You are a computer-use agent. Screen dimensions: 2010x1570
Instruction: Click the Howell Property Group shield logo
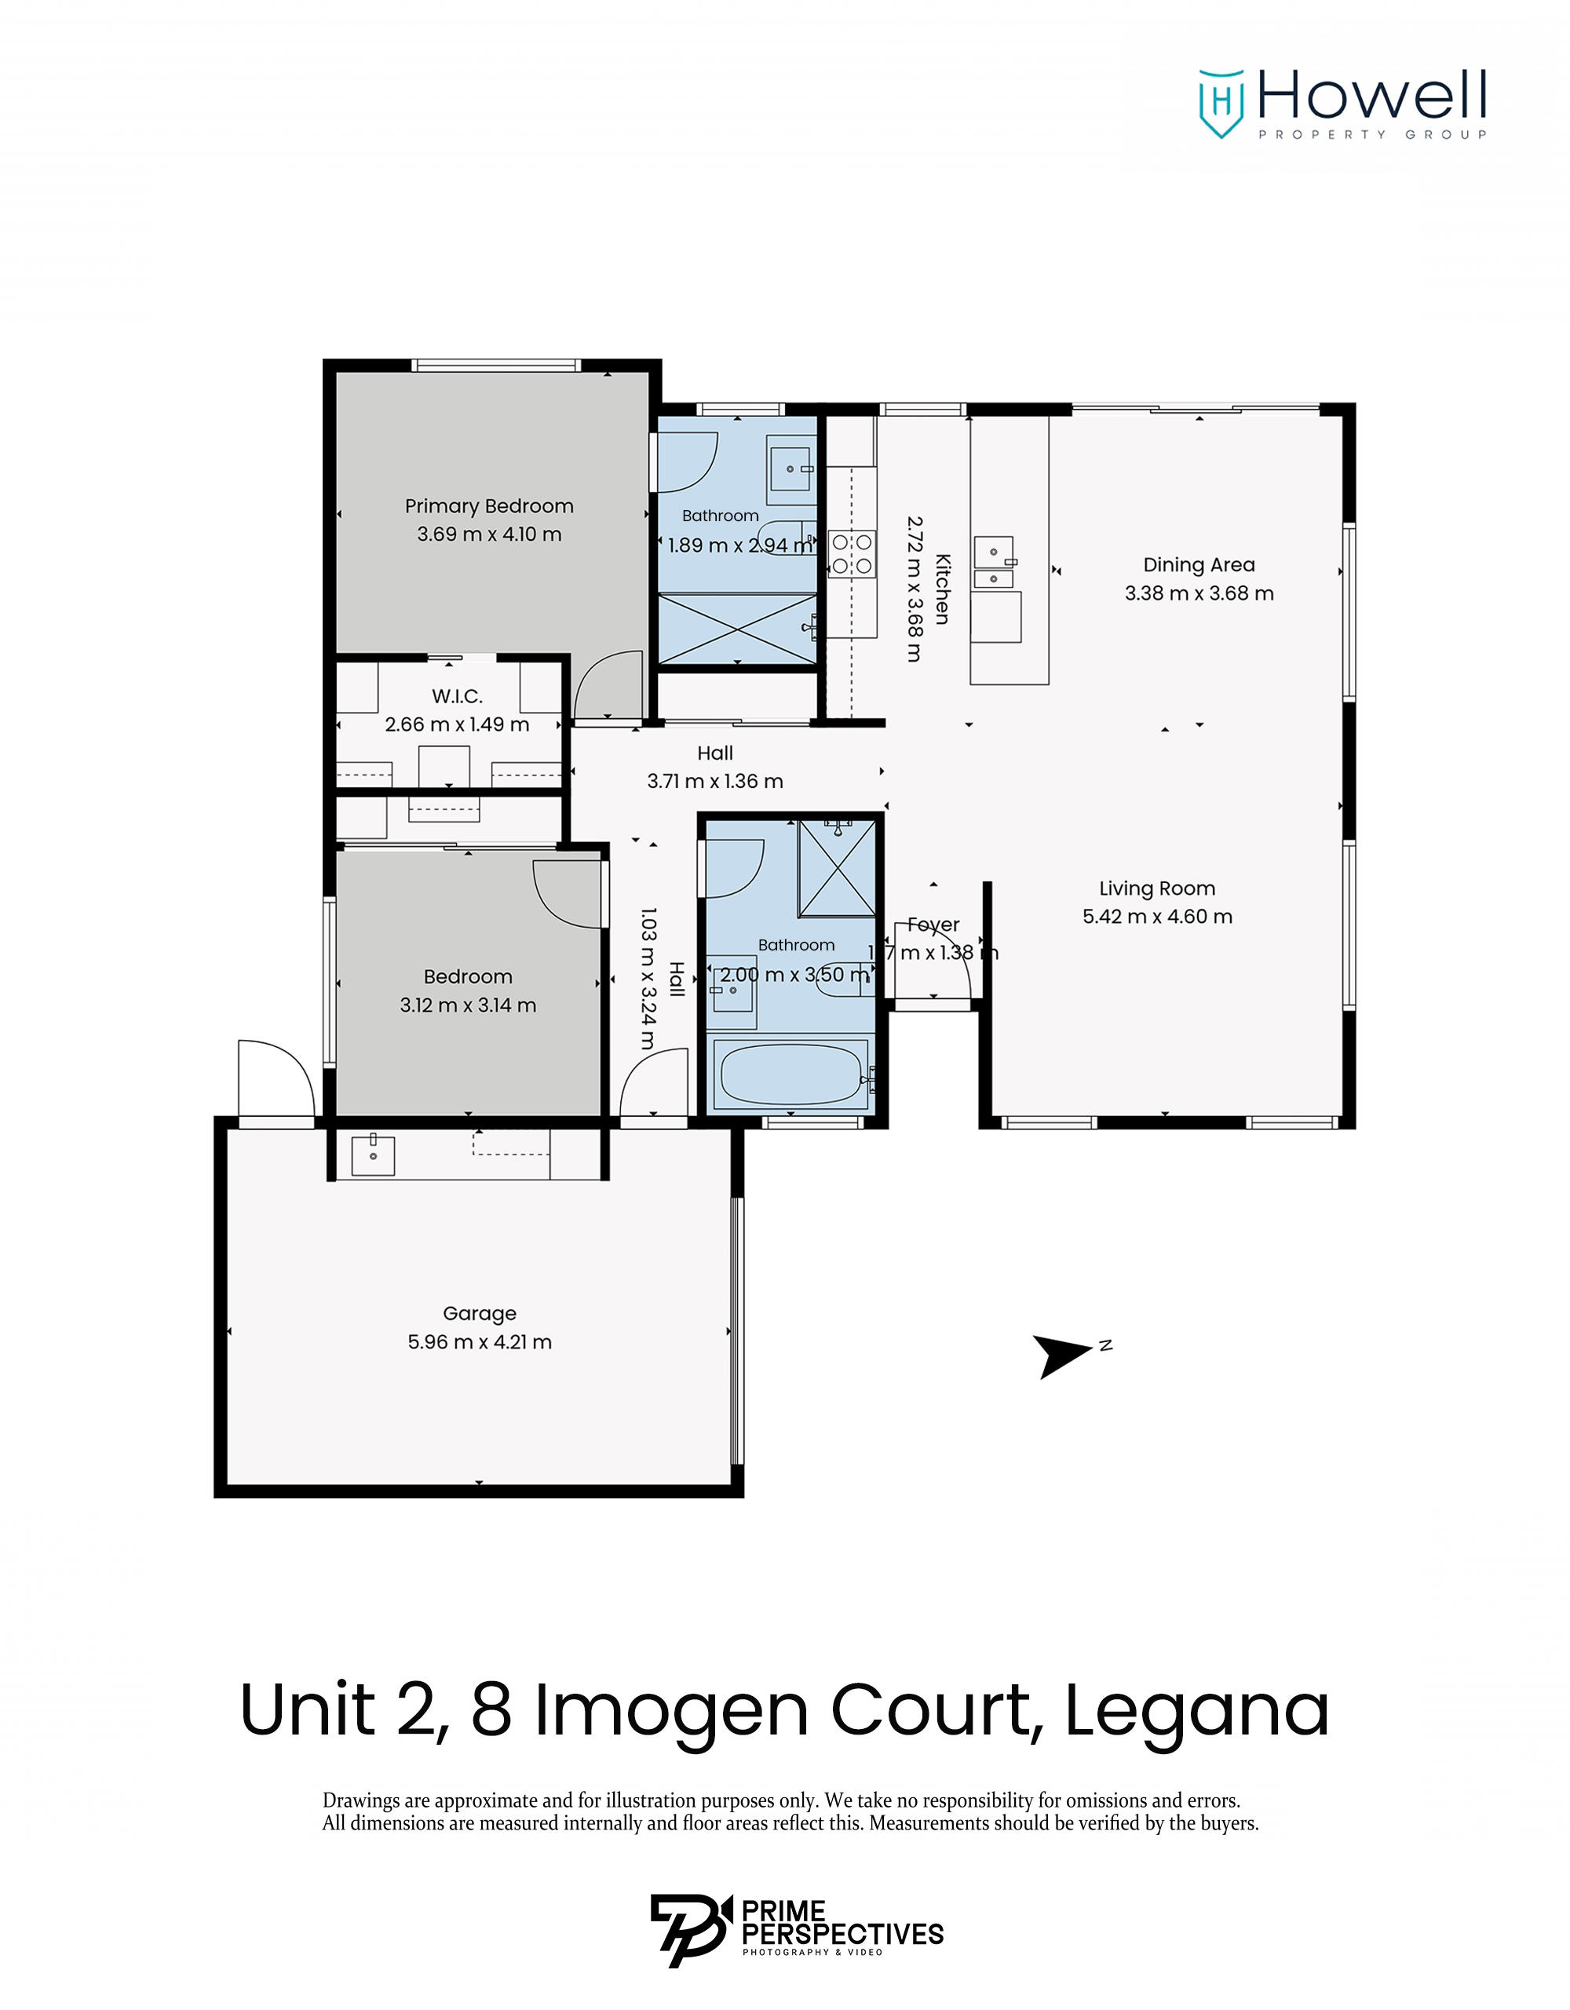[x=1221, y=102]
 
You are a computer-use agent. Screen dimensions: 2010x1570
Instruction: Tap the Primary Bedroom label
[x=489, y=506]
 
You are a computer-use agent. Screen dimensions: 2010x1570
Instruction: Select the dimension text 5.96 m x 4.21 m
[x=480, y=1342]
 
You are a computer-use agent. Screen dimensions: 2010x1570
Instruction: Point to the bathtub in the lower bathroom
[x=790, y=1074]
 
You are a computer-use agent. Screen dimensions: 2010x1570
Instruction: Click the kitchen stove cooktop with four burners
[x=851, y=554]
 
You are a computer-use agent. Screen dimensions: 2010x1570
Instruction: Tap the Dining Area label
[x=1198, y=565]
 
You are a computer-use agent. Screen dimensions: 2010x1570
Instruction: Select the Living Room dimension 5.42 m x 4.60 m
[x=1157, y=917]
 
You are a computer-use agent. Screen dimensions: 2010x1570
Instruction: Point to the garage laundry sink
[x=373, y=1156]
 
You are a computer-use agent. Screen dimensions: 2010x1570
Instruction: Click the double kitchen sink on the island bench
[x=994, y=562]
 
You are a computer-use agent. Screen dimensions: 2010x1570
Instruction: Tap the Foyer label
[x=933, y=924]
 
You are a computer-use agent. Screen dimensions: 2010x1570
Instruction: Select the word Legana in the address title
[x=1196, y=1711]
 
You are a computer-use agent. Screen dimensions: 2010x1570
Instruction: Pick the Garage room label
[x=480, y=1313]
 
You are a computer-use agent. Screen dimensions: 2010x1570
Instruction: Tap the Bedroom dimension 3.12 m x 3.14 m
[x=468, y=1005]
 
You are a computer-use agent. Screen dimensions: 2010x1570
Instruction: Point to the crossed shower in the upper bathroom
[x=737, y=629]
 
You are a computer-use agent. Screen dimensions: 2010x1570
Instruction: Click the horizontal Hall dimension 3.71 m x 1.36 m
[x=715, y=782]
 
